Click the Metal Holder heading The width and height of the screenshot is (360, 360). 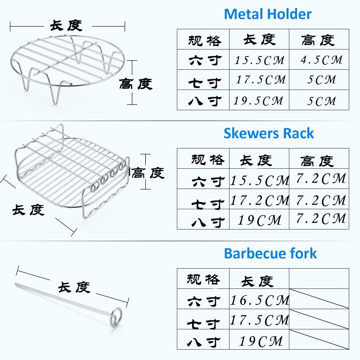(267, 14)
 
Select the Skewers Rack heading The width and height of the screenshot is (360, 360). (269, 134)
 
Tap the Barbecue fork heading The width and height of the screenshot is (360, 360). (270, 253)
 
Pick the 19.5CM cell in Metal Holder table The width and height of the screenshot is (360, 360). (258, 100)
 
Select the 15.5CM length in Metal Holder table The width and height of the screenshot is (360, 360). (260, 60)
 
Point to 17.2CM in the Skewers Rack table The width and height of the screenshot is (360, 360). (260, 200)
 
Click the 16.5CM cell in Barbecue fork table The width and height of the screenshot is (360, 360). (260, 300)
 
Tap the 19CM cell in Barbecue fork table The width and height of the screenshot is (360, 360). (260, 341)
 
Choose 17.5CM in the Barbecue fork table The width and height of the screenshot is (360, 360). (260, 320)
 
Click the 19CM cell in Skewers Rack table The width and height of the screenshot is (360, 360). (260, 220)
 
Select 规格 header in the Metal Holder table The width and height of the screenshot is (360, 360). (205, 40)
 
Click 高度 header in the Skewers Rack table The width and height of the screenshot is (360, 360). (317, 160)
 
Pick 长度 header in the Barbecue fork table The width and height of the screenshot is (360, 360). (257, 281)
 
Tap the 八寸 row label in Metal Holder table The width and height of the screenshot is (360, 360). (205, 100)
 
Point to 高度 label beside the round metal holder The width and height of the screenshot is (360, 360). (136, 84)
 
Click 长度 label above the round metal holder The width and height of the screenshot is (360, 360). (66, 26)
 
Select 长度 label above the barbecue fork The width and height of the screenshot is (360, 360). (74, 287)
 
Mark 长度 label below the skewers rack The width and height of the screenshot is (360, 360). (28, 209)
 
